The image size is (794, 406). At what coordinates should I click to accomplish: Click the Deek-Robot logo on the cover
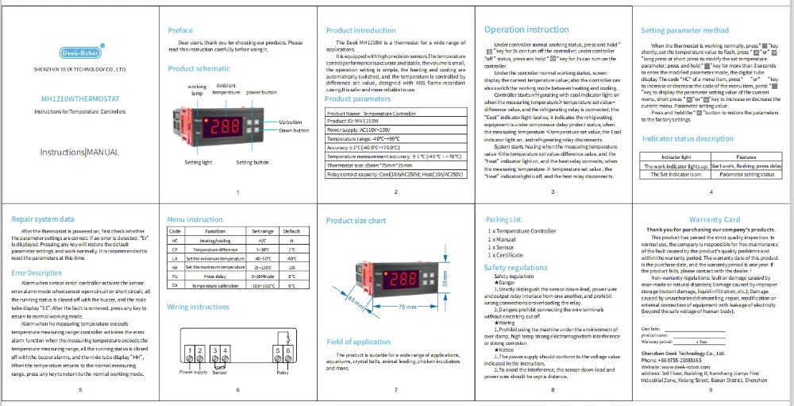click(79, 53)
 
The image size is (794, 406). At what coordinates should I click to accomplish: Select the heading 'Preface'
click(180, 30)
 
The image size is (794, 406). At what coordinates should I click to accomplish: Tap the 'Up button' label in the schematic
click(291, 122)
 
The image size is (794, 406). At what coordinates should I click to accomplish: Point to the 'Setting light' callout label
click(198, 162)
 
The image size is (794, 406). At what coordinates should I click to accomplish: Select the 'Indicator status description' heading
click(688, 138)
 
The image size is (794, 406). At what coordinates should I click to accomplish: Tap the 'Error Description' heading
click(37, 273)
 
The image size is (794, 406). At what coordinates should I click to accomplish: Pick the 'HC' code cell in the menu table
click(175, 240)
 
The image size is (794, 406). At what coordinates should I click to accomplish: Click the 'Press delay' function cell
click(215, 276)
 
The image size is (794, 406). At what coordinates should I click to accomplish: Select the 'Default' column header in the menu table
click(291, 230)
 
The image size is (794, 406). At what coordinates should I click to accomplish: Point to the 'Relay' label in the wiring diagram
click(282, 372)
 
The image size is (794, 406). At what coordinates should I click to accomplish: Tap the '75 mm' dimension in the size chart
click(407, 306)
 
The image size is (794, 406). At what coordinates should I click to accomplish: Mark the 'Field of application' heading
click(358, 342)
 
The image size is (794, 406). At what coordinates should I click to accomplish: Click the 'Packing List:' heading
click(503, 218)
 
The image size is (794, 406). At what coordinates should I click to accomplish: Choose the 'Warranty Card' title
click(715, 219)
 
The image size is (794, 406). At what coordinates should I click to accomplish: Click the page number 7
click(395, 390)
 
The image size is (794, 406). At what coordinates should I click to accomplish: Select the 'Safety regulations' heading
click(516, 268)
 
